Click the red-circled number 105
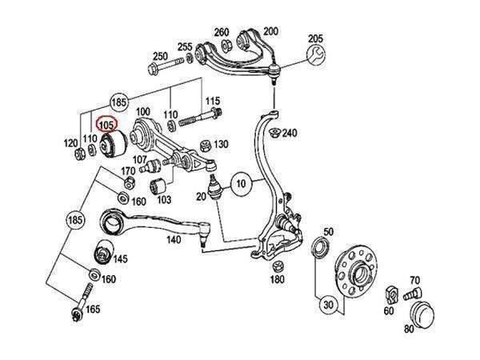(x=106, y=125)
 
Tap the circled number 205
(x=314, y=38)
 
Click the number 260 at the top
(x=222, y=31)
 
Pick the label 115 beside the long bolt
(x=211, y=101)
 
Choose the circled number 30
(x=327, y=305)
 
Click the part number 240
(x=289, y=133)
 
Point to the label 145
(x=120, y=258)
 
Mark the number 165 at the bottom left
(x=92, y=308)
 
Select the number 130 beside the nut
(x=221, y=144)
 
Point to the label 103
(x=163, y=199)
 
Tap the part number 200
(x=270, y=31)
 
